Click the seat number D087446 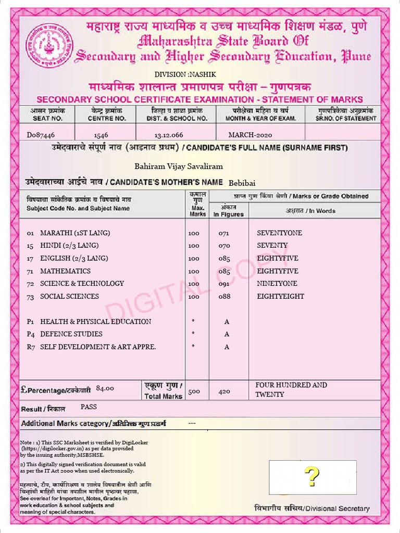click(41, 135)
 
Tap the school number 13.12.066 click(169, 135)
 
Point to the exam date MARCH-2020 click(250, 135)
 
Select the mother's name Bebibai click(242, 182)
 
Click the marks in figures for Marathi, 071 click(224, 233)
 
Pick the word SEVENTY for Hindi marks click(272, 245)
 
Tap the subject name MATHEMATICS click(65, 271)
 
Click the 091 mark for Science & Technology click(224, 284)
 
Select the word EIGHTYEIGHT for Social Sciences click(281, 296)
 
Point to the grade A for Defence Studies click(227, 334)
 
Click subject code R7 click(31, 347)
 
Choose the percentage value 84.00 click(105, 388)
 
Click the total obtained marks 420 click(224, 391)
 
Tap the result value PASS click(89, 407)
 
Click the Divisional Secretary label click(312, 509)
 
